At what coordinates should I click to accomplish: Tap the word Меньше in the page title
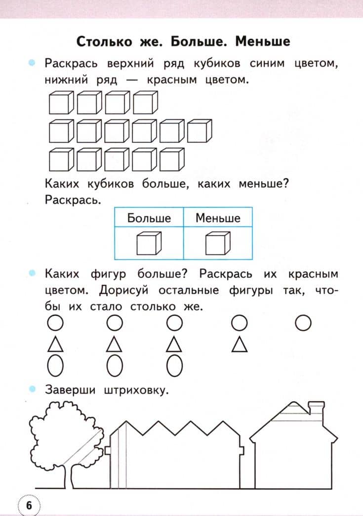coord(263,41)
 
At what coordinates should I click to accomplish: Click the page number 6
coord(29,505)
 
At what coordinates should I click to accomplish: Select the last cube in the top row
coord(146,102)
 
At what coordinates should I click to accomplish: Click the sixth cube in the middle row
coord(200,131)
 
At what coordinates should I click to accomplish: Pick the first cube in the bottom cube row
coord(61,159)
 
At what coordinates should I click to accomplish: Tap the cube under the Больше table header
coord(149,243)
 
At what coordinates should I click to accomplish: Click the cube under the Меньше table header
coord(217,243)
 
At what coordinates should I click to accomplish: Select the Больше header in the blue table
coord(149,218)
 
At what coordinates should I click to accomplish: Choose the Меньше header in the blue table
coord(218,218)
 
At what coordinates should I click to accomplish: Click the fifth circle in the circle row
coord(303,322)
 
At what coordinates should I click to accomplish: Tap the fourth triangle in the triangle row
coord(239,344)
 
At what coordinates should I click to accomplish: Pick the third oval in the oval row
coord(174,365)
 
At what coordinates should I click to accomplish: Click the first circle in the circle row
coord(55,322)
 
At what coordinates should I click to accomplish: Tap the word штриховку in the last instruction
coord(136,390)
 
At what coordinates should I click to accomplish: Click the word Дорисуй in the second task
coord(124,290)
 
